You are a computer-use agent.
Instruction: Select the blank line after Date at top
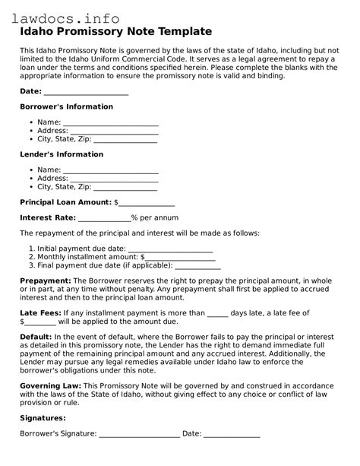tap(86, 92)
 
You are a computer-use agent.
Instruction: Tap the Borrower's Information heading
tap(66, 107)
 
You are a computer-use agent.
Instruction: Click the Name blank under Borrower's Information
tap(110, 123)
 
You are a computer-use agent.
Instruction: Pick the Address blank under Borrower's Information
tap(115, 132)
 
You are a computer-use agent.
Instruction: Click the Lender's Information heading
tap(61, 155)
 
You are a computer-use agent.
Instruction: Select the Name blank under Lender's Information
tap(110, 171)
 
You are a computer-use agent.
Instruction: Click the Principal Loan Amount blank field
tap(147, 204)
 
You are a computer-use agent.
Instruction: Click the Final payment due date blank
tap(198, 266)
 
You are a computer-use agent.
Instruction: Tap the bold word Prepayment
tap(46, 281)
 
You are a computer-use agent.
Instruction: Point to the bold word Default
tap(36, 336)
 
